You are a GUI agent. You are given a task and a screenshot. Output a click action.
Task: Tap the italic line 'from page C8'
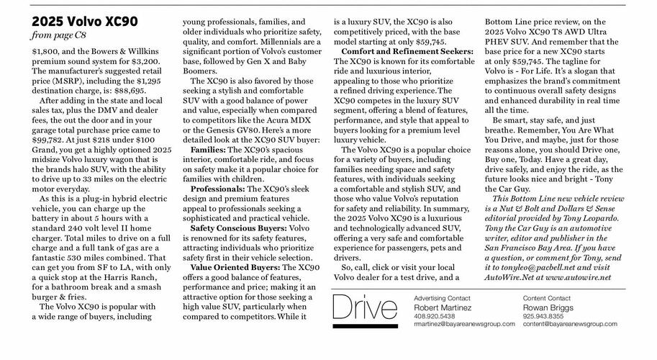[61, 35]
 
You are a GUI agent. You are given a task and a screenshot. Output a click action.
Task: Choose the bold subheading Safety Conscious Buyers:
[237, 228]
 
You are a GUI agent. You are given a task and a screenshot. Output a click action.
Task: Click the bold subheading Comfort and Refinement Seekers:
[407, 52]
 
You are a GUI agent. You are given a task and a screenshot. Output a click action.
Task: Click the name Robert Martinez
[443, 307]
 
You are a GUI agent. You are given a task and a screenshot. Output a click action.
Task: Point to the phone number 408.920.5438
[435, 316]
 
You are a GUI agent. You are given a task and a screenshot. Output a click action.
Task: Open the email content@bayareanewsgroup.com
[570, 324]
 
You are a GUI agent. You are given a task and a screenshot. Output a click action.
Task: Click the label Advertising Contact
[442, 298]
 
